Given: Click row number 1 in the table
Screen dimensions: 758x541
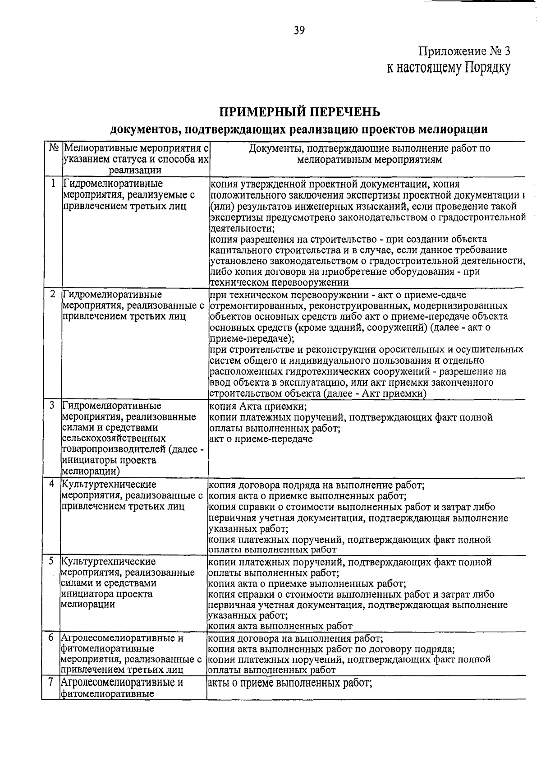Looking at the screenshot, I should coord(54,183).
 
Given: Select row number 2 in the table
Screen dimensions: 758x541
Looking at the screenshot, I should coord(53,294).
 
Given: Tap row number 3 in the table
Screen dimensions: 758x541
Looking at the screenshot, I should coord(53,405).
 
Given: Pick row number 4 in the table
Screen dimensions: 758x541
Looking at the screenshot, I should coord(52,484).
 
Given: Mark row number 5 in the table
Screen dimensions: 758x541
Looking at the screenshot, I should coord(52,561).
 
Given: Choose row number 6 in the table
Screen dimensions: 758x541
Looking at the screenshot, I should coord(51,638).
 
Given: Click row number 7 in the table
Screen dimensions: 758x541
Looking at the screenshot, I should coord(51,682).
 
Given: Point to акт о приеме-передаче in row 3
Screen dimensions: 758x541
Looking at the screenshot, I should coord(261,439).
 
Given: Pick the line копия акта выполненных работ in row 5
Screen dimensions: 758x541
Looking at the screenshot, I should coord(280,626).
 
